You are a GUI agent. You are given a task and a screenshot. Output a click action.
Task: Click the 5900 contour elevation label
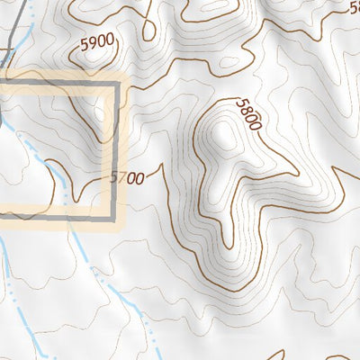pos(96,41)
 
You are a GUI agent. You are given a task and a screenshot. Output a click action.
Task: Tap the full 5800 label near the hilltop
pos(247,115)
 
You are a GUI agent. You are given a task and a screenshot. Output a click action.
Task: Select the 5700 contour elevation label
pos(127,178)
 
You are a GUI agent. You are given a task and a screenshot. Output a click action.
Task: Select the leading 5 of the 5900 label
pos(83,40)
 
